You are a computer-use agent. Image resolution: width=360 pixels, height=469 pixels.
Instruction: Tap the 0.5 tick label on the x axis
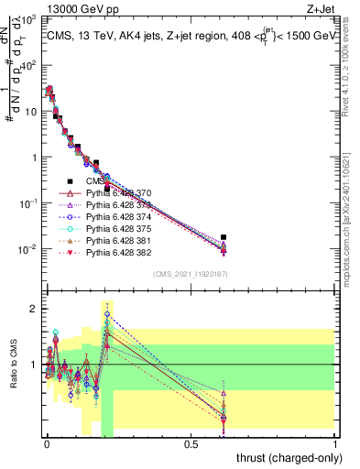[191, 444]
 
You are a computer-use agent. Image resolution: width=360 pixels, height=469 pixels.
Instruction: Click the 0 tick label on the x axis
[47, 444]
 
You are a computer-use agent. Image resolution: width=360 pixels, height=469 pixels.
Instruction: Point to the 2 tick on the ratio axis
[34, 308]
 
